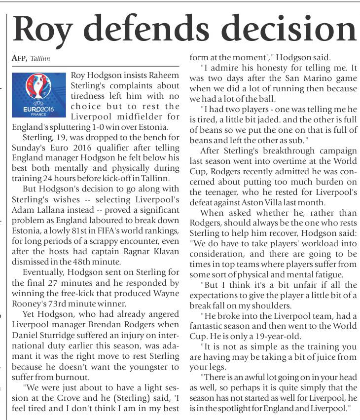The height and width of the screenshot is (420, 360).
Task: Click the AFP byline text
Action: point(19,58)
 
